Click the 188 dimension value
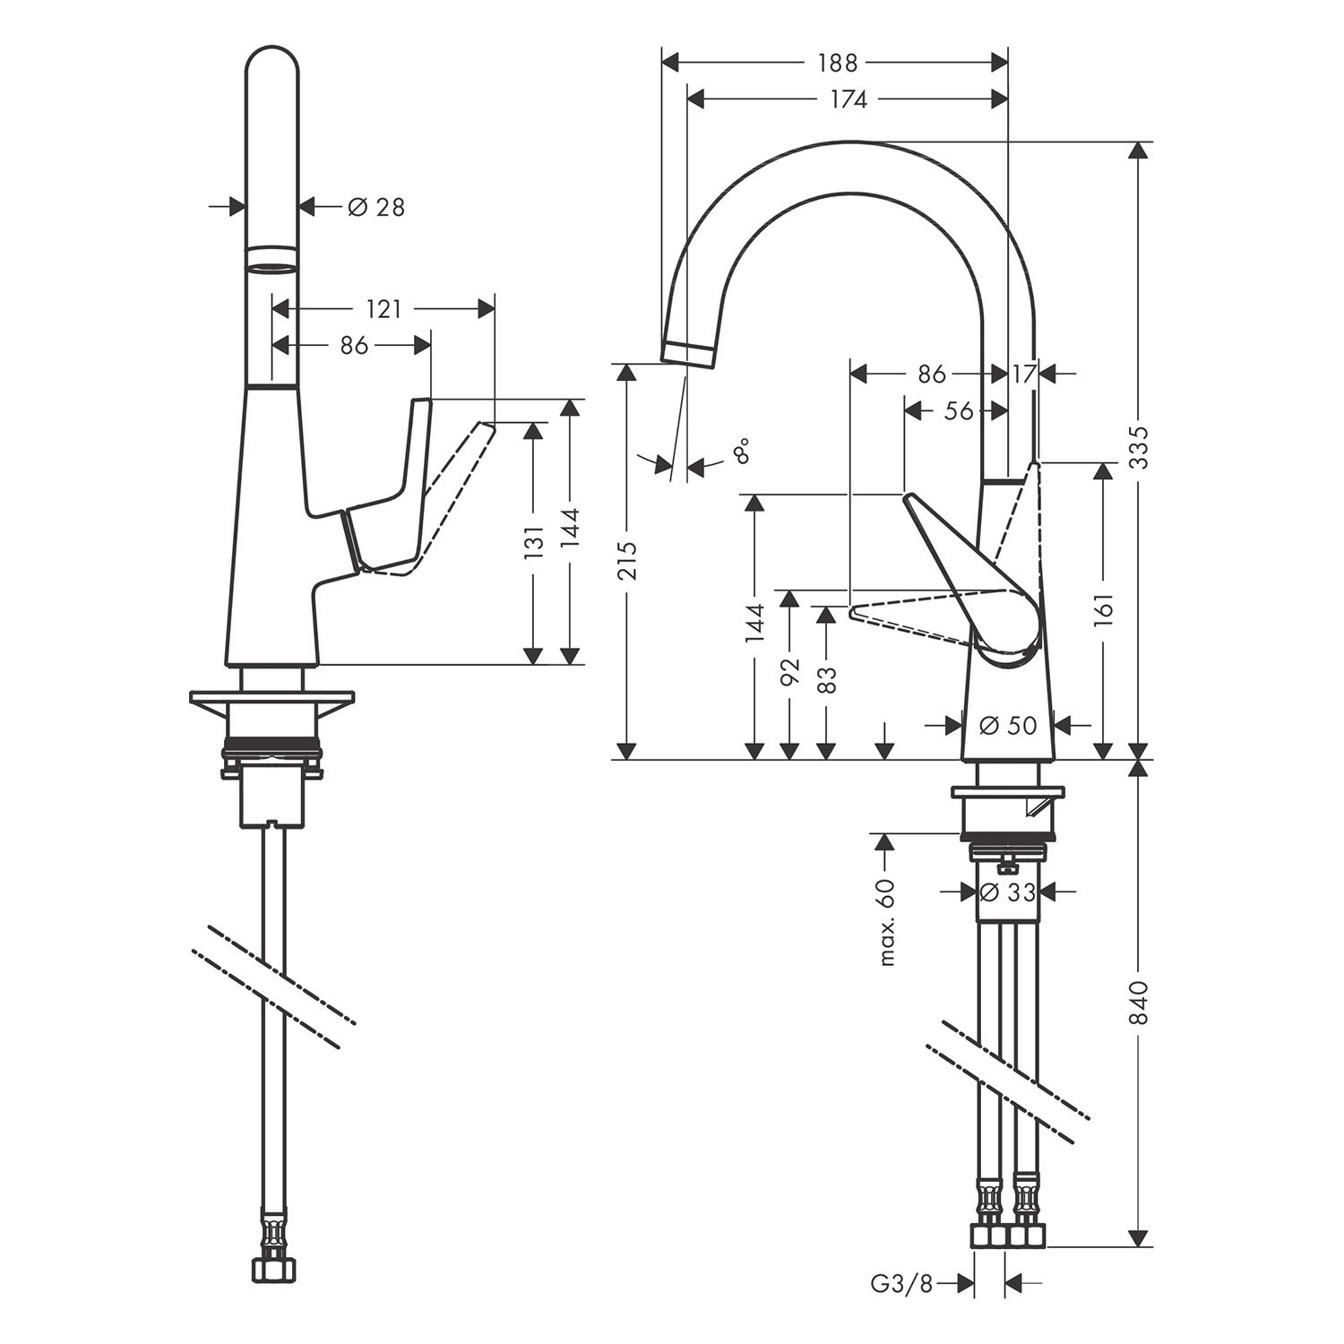click(837, 63)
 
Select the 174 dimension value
click(848, 99)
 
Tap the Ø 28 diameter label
click(375, 207)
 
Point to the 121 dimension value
click(383, 308)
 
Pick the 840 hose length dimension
click(1138, 1003)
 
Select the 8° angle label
click(740, 451)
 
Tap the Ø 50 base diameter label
click(1008, 725)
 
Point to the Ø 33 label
click(1008, 892)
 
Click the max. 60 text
click(886, 922)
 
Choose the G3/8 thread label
click(901, 1284)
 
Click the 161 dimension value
click(1103, 610)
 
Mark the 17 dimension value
click(1023, 374)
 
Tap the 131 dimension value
click(533, 543)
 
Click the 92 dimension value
click(789, 673)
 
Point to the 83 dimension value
click(826, 678)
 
